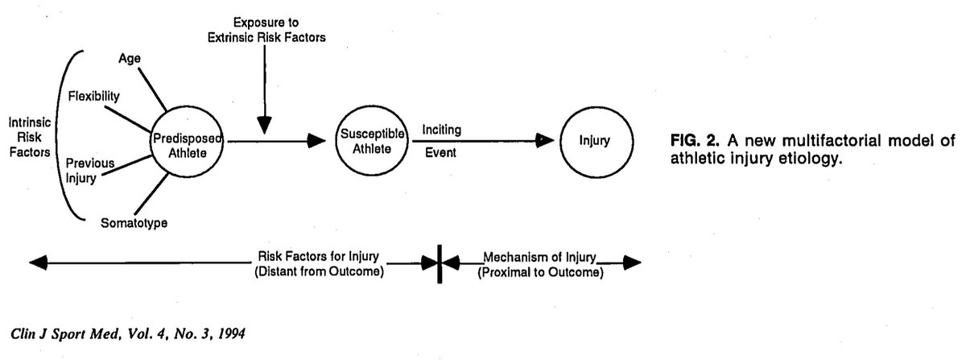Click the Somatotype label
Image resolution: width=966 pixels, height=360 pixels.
pos(134,222)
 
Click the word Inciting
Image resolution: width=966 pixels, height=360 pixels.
pos(442,129)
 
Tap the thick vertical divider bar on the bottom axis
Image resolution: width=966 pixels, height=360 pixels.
pos(440,263)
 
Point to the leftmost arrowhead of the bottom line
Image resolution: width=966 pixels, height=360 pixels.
pos(37,263)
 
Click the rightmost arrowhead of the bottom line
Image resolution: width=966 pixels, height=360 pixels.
pos(633,263)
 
